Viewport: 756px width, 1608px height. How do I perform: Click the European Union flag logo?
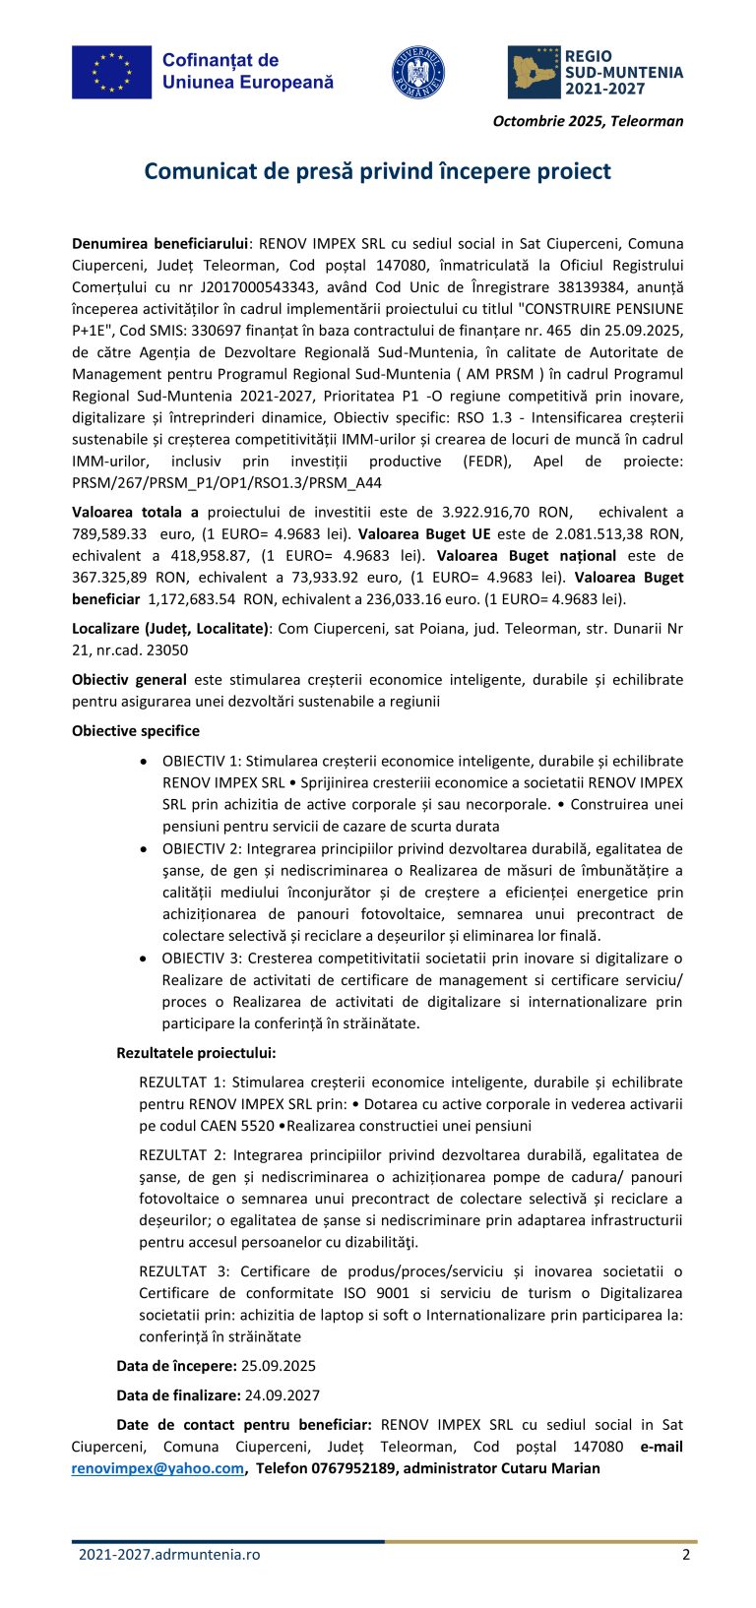[x=111, y=72]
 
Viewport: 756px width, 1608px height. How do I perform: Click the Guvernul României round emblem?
[x=418, y=72]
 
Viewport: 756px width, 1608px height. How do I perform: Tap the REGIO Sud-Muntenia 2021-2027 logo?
[x=596, y=72]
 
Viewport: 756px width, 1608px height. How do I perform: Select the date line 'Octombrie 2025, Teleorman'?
[x=588, y=121]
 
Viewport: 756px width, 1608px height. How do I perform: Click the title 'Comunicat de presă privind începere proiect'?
[x=377, y=171]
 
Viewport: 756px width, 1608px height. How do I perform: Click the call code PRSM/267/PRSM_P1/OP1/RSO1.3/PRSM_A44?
[x=226, y=482]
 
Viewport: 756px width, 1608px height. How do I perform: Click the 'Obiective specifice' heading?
[x=136, y=730]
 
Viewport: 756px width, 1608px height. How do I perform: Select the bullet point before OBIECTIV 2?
[x=145, y=848]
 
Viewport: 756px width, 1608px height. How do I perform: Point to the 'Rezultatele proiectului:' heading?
[x=196, y=1052]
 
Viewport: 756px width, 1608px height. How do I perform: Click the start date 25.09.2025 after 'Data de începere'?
[x=279, y=1366]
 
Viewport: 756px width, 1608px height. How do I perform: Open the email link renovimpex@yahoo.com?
[x=157, y=1468]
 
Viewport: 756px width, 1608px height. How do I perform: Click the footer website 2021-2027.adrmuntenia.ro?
[x=169, y=1555]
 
